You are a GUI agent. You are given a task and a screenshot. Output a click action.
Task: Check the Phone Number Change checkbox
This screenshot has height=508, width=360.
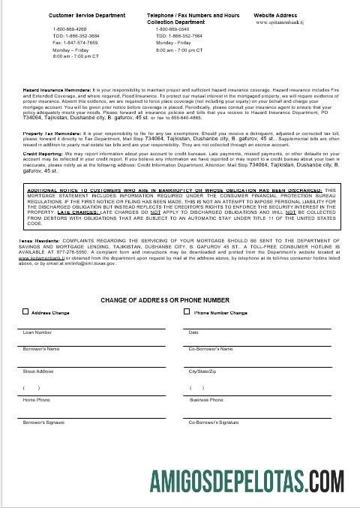point(190,312)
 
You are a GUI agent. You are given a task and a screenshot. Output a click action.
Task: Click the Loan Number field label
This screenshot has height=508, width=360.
point(37,332)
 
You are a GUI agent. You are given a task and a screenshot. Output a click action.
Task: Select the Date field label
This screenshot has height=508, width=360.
point(193,332)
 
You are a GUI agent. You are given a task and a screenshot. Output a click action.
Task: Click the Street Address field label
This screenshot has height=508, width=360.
point(39,371)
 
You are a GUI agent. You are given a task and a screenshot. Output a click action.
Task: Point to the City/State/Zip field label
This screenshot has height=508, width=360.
point(202,371)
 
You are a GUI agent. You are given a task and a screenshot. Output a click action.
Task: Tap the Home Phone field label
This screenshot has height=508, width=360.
point(37,401)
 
